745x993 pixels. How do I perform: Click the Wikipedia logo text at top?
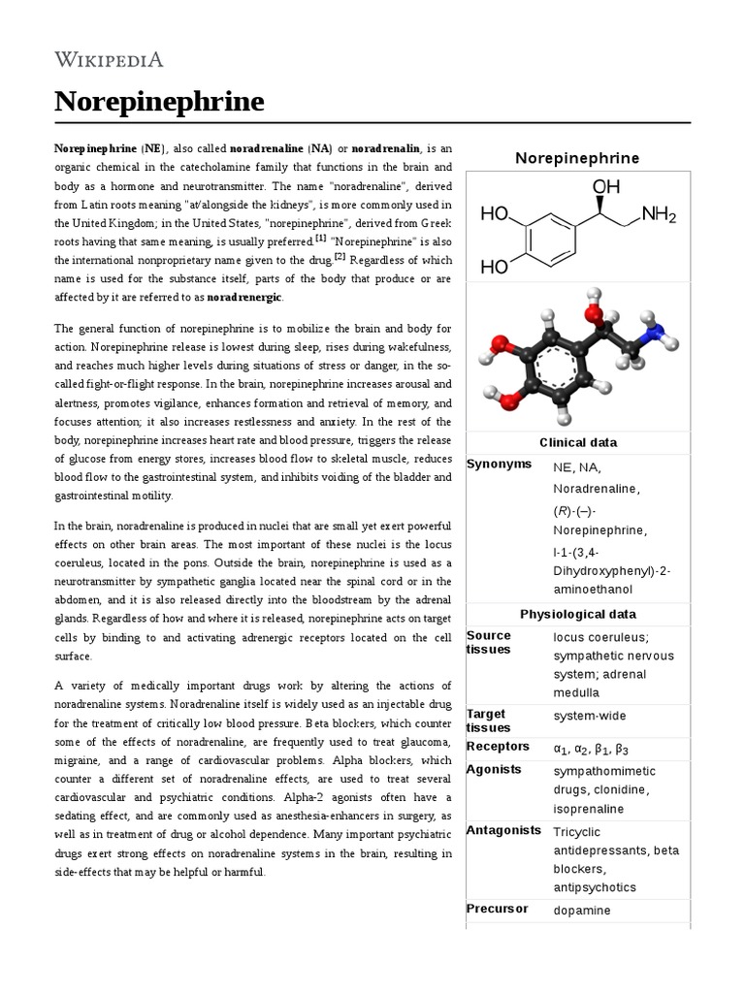(x=108, y=59)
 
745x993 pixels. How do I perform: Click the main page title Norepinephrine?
(x=159, y=101)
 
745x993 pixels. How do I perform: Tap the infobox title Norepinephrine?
(x=577, y=157)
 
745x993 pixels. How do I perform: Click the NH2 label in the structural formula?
(x=659, y=213)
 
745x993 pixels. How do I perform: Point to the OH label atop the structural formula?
(x=606, y=184)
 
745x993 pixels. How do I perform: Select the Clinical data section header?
(x=577, y=442)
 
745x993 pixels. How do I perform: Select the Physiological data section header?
(x=577, y=614)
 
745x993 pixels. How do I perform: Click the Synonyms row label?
(x=499, y=464)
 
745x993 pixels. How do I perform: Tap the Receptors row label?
(x=498, y=747)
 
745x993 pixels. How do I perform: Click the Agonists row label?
(x=494, y=769)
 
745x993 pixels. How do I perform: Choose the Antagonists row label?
(x=503, y=831)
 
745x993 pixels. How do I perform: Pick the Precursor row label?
(x=498, y=909)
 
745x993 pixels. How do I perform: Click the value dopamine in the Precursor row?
(x=582, y=910)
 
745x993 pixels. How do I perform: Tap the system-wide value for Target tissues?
(x=589, y=716)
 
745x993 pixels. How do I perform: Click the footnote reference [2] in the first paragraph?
(x=340, y=256)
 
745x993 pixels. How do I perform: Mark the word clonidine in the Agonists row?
(x=619, y=789)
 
